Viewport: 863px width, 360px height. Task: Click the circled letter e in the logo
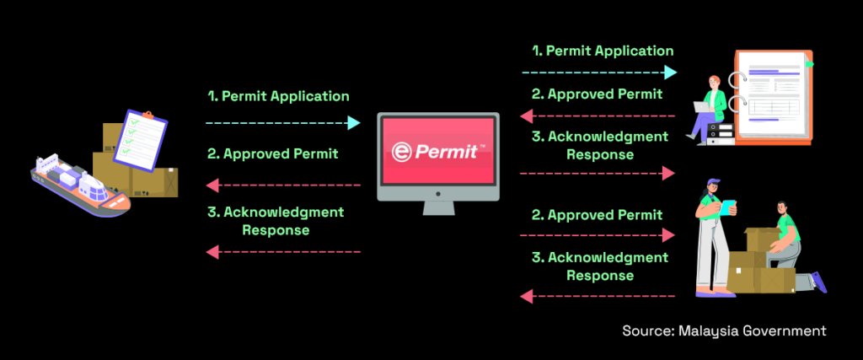click(402, 152)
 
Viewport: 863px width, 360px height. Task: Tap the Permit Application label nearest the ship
click(278, 96)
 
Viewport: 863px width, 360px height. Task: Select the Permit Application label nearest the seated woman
click(602, 51)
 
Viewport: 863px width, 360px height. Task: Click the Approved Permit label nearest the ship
click(272, 153)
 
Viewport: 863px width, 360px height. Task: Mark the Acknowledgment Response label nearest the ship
click(275, 220)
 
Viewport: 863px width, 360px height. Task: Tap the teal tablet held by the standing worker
click(727, 205)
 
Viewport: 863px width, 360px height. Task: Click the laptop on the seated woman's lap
click(701, 107)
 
